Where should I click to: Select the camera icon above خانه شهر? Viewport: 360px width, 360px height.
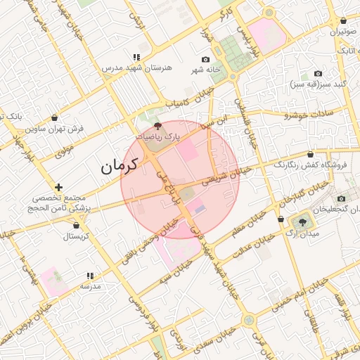tap(205, 60)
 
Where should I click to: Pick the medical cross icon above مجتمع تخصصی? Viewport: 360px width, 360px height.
tap(58, 187)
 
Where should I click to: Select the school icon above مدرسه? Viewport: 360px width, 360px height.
tap(89, 276)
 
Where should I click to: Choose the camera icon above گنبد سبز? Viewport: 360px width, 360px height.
tap(318, 73)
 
